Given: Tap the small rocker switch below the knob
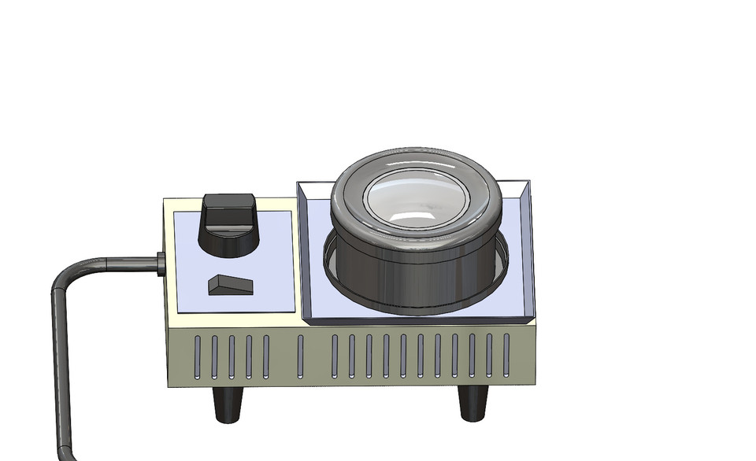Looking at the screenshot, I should [x=230, y=285].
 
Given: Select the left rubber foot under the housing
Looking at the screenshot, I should [x=230, y=402].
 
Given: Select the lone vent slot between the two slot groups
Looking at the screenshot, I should [x=300, y=355].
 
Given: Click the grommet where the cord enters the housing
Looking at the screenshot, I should [x=161, y=264].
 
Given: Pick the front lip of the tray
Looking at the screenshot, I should [x=417, y=321].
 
